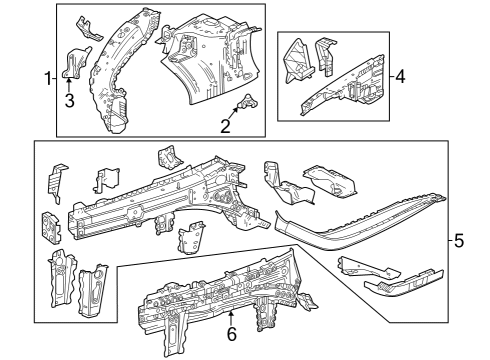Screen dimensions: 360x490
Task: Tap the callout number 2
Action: (226, 126)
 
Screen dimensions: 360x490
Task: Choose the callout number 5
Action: (459, 241)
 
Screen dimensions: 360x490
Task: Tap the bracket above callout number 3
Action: (72, 62)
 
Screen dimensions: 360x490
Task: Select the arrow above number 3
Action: (69, 84)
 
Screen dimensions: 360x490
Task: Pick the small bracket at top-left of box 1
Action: (88, 25)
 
